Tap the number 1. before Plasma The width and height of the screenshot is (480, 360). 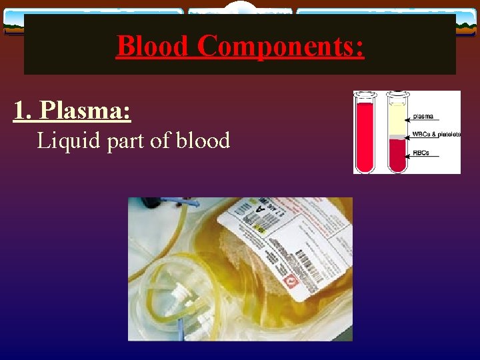point(25,111)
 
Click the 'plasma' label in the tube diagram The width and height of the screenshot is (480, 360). point(423,117)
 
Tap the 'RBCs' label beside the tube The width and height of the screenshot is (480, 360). point(421,153)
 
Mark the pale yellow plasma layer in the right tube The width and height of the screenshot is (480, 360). point(397,120)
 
